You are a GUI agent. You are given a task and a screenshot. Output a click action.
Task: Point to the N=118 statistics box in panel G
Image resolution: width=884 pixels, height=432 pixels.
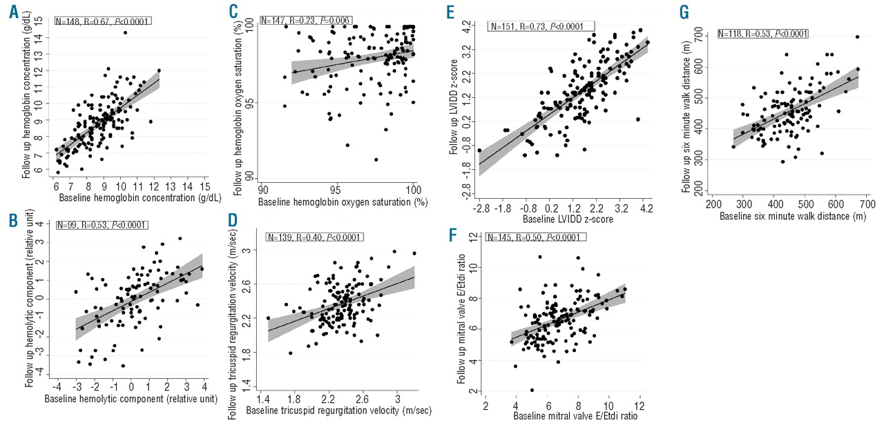tap(762, 34)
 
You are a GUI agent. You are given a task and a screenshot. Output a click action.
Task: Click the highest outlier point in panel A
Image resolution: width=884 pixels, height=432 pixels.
tap(125, 32)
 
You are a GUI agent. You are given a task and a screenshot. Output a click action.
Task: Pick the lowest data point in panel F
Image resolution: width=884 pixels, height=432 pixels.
tap(532, 390)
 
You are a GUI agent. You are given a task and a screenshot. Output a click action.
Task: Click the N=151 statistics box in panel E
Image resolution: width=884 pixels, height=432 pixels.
tap(535, 27)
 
